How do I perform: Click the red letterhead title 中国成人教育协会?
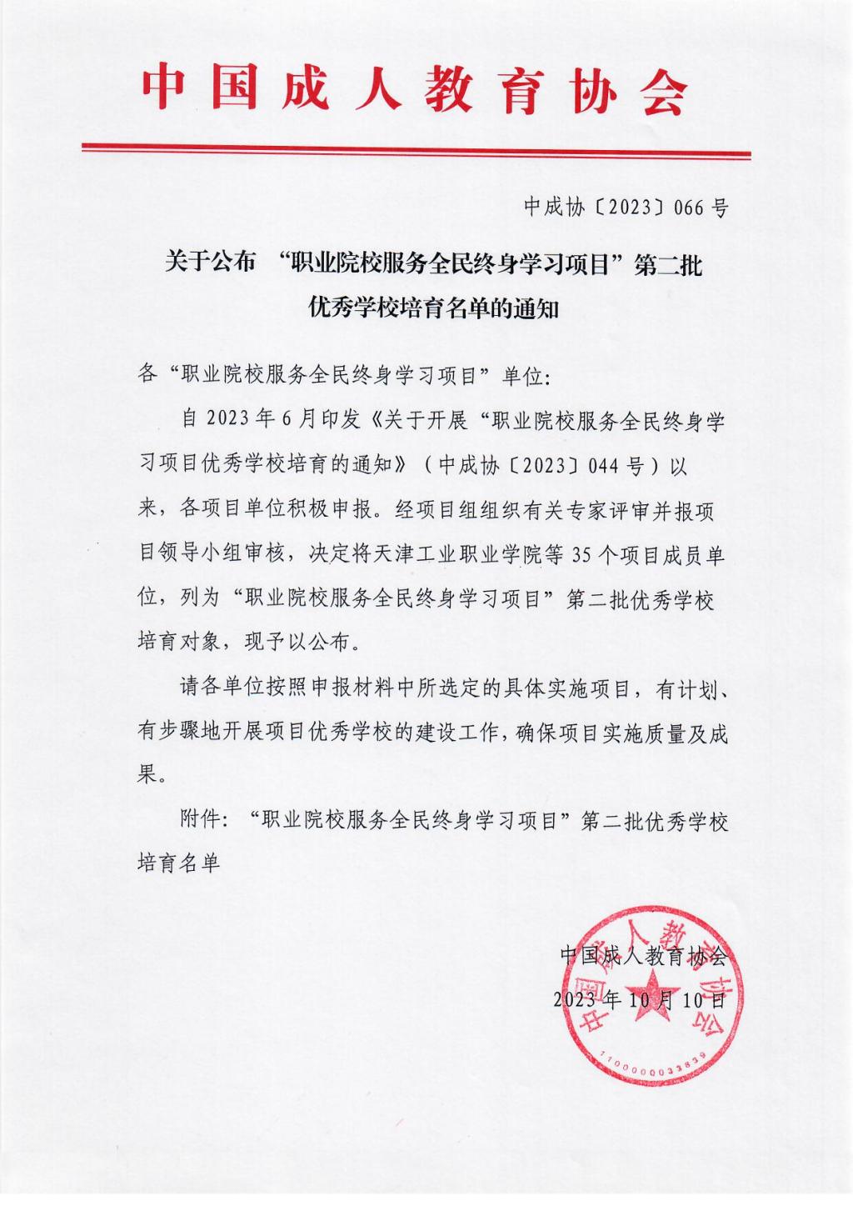click(415, 90)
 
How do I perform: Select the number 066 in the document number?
click(690, 208)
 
